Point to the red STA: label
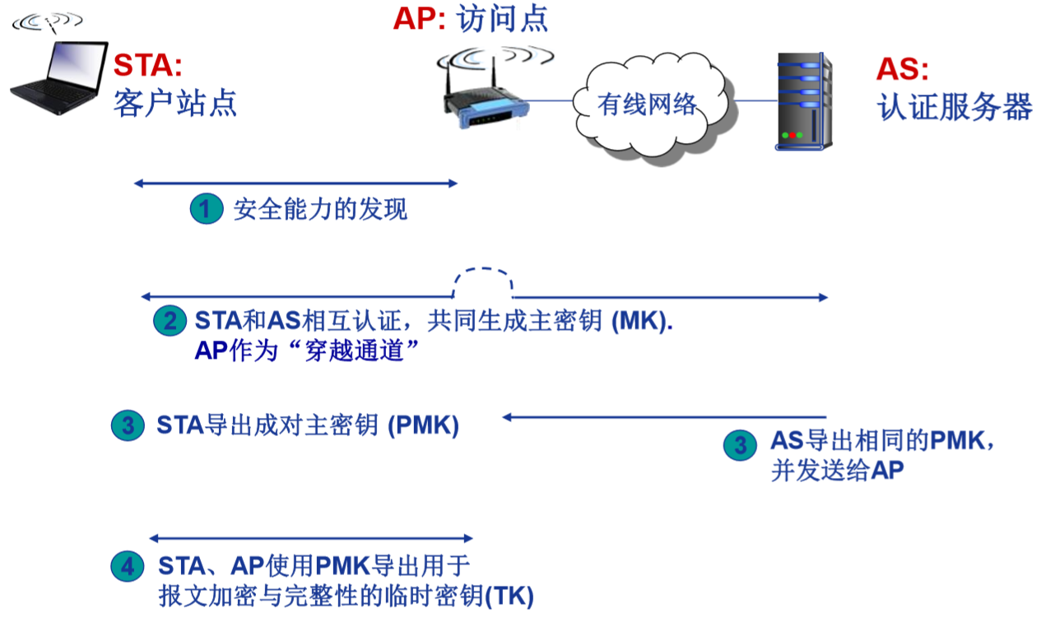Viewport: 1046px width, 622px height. (x=147, y=65)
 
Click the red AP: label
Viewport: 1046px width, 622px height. (x=419, y=18)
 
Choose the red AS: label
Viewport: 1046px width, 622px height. (x=902, y=69)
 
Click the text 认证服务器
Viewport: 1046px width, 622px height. (x=955, y=107)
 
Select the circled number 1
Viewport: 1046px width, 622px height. (x=206, y=209)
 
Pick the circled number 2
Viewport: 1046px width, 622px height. (x=170, y=320)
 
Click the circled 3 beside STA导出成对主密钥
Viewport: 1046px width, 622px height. (x=128, y=425)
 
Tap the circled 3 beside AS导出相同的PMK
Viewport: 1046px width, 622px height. (x=740, y=445)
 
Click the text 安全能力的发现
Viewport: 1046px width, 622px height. (x=320, y=209)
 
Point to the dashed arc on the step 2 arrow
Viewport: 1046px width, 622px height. (x=484, y=276)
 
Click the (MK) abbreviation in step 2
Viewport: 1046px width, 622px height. (x=642, y=320)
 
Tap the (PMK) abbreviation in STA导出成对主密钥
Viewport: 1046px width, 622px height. (x=423, y=425)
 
